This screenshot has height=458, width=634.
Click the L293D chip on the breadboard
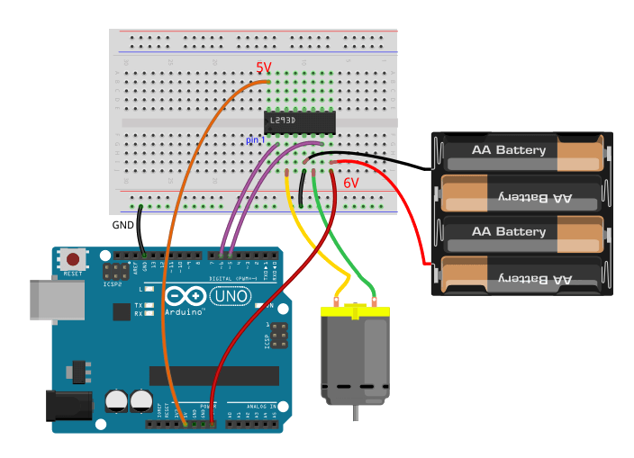pyautogui.click(x=300, y=120)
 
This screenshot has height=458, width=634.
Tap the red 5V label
pyautogui.click(x=263, y=67)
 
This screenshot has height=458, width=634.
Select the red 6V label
pyautogui.click(x=350, y=183)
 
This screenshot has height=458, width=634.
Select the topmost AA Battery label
pyautogui.click(x=509, y=149)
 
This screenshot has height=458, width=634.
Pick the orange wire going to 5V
pyautogui.click(x=171, y=270)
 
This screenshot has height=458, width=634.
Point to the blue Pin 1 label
pyautogui.click(x=256, y=141)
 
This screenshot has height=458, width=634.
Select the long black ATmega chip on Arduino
pyautogui.click(x=213, y=375)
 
